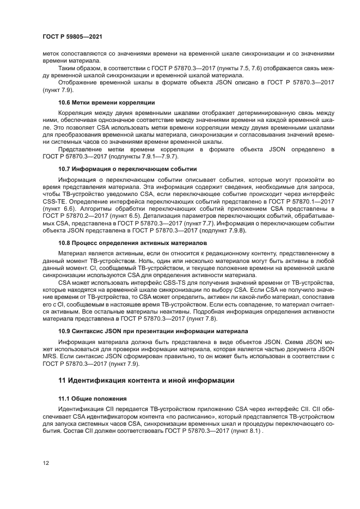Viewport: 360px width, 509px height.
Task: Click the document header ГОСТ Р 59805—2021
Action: [x=72, y=36]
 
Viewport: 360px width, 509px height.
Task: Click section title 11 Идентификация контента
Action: [x=146, y=381]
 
